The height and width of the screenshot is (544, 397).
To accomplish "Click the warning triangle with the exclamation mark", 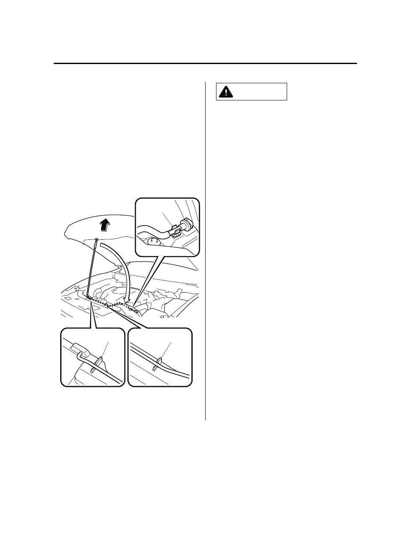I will pyautogui.click(x=226, y=92).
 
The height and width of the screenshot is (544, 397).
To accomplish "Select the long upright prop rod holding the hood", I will pyautogui.click(x=93, y=268).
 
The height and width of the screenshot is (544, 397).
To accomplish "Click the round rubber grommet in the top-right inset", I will pyautogui.click(x=187, y=225).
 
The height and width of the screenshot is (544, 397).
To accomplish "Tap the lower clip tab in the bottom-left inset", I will pyautogui.click(x=93, y=371).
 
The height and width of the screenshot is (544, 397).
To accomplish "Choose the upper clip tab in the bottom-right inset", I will pyautogui.click(x=159, y=360).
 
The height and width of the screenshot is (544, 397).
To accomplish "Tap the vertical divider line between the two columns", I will pyautogui.click(x=206, y=251).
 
